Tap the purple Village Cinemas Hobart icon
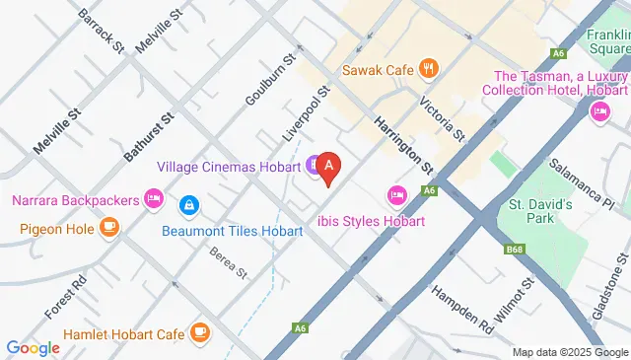pyautogui.click(x=314, y=166)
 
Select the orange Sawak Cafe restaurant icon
pyautogui.click(x=428, y=69)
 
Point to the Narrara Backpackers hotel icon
pyautogui.click(x=153, y=200)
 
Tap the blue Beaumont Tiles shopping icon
pyautogui.click(x=186, y=206)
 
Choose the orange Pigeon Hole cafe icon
pyautogui.click(x=108, y=229)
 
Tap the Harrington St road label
pyautogui.click(x=404, y=146)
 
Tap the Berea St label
pyautogui.click(x=227, y=261)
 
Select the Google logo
pyautogui.click(x=34, y=347)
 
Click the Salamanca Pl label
pyautogui.click(x=582, y=183)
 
